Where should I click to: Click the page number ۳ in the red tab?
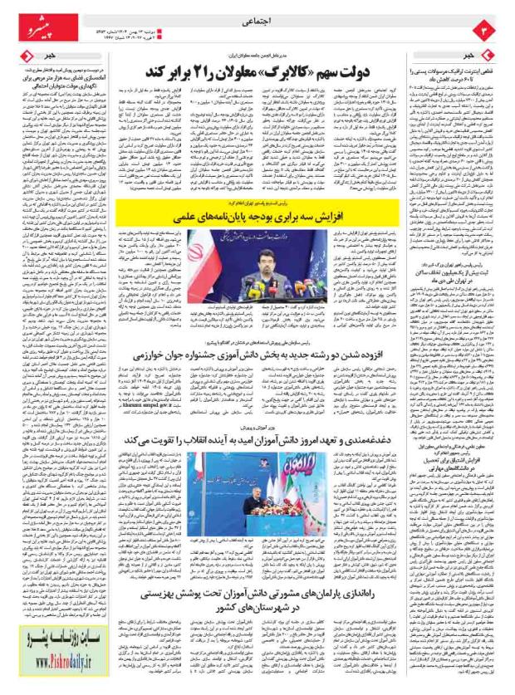pos(488,31)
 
